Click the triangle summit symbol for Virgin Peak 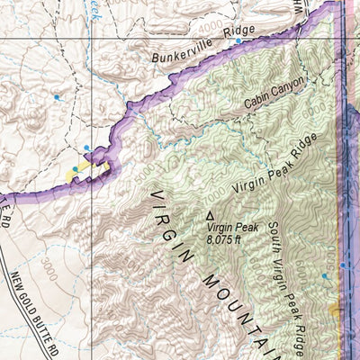pyautogui.click(x=211, y=216)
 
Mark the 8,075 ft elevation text pyautogui.click(x=225, y=240)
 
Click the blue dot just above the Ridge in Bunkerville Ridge pyautogui.click(x=238, y=41)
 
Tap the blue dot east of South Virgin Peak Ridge pyautogui.click(x=325, y=275)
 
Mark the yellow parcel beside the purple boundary pyautogui.click(x=83, y=167)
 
